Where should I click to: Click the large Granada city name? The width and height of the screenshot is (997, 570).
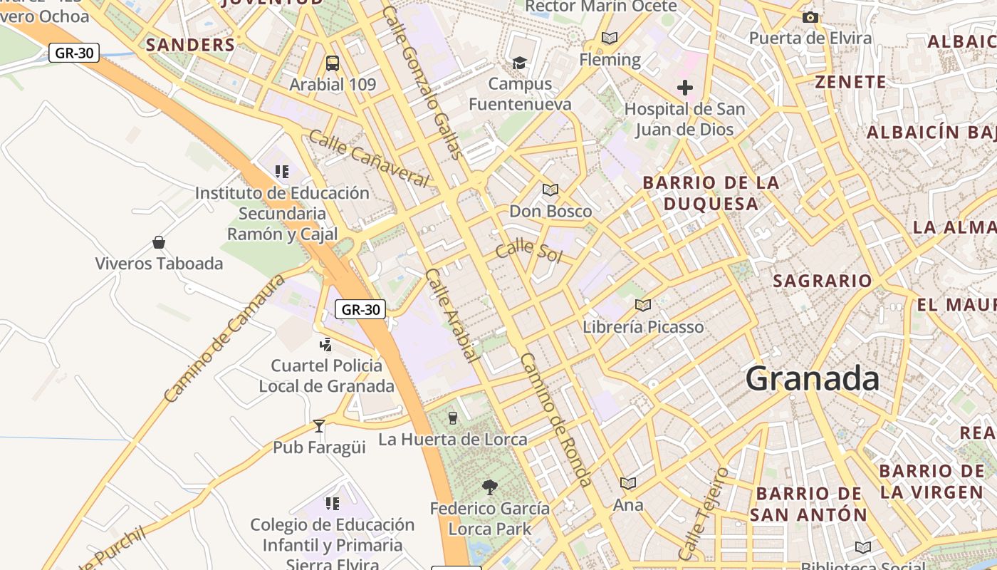pyautogui.click(x=813, y=378)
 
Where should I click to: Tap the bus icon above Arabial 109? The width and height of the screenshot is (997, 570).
pyautogui.click(x=333, y=63)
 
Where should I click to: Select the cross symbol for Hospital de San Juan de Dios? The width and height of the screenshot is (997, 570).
pyautogui.click(x=684, y=88)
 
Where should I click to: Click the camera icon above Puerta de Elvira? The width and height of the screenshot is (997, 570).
pyautogui.click(x=810, y=18)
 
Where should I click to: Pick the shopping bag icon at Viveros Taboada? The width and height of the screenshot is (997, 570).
pyautogui.click(x=159, y=242)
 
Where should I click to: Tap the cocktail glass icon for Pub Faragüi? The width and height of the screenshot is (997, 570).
pyautogui.click(x=319, y=426)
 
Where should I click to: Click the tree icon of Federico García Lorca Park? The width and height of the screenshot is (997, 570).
pyautogui.click(x=489, y=487)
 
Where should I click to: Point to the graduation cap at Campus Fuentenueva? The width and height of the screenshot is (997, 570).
pyautogui.click(x=519, y=63)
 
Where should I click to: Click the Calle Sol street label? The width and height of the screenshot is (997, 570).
pyautogui.click(x=528, y=251)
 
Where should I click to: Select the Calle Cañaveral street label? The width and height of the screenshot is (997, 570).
pyautogui.click(x=369, y=158)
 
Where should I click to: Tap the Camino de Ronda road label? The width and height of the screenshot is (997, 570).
pyautogui.click(x=555, y=420)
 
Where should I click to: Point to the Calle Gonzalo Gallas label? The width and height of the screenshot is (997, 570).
pyautogui.click(x=423, y=83)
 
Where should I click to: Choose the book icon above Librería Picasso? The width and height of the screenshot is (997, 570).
pyautogui.click(x=642, y=306)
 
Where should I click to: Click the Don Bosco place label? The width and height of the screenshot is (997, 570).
pyautogui.click(x=550, y=212)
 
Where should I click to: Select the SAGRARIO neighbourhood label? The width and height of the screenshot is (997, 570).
pyautogui.click(x=823, y=281)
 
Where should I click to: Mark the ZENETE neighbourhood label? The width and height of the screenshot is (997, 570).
pyautogui.click(x=851, y=82)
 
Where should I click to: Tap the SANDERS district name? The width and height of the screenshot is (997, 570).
pyautogui.click(x=190, y=45)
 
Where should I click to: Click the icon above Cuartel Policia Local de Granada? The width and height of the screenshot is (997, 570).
pyautogui.click(x=326, y=345)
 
